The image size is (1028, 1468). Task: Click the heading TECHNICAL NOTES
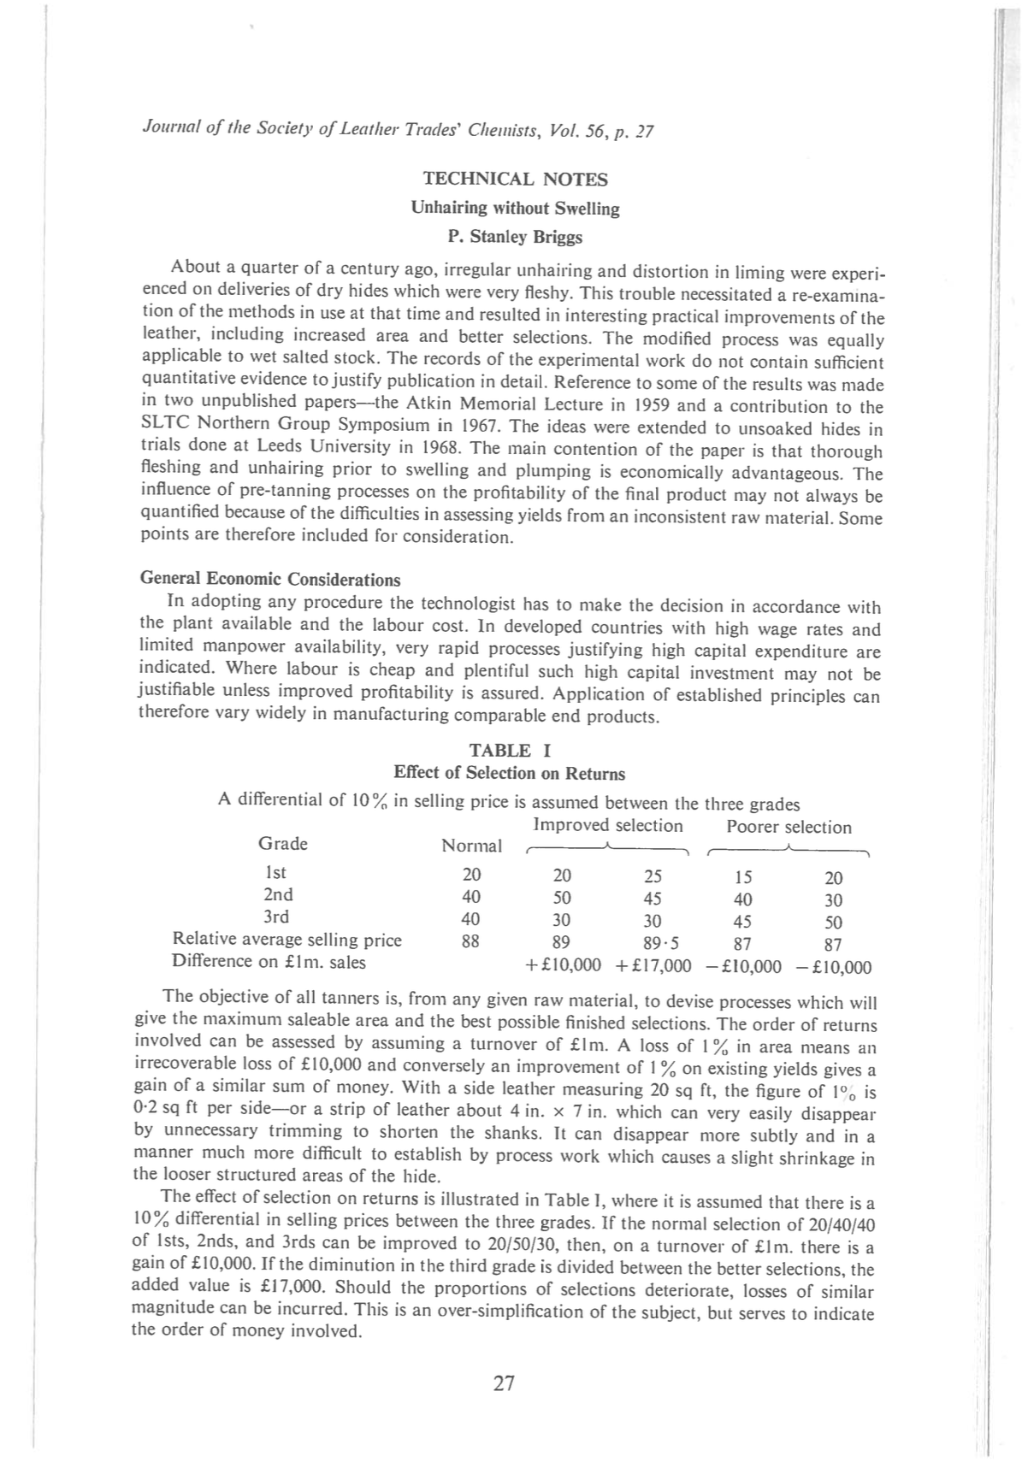coord(516,180)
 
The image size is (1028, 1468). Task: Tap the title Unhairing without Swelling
coord(515,208)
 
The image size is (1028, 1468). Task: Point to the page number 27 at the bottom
coord(505,1383)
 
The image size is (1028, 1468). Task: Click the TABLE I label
coord(510,751)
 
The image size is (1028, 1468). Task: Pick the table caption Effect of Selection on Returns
coord(509,774)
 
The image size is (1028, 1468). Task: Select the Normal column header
coord(471,846)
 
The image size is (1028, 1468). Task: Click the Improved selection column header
coord(607,826)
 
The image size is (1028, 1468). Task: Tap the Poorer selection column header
coord(789,827)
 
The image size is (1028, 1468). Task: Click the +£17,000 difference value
coord(653,967)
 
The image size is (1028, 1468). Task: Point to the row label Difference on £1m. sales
coord(269,962)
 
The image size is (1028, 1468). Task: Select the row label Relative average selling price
coord(287,940)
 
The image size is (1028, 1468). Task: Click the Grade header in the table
coord(282,844)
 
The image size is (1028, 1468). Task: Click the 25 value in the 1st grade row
coord(652,876)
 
